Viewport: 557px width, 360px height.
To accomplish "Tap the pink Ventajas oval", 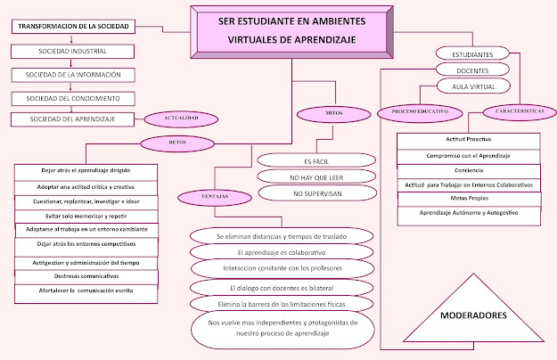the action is [205, 196].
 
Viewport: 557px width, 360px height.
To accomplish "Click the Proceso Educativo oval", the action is [413, 113].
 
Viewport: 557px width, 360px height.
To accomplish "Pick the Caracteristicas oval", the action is [514, 111].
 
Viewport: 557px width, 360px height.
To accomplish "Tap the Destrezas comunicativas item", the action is [87, 277].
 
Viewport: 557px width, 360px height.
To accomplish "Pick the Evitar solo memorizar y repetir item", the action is [87, 216].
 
